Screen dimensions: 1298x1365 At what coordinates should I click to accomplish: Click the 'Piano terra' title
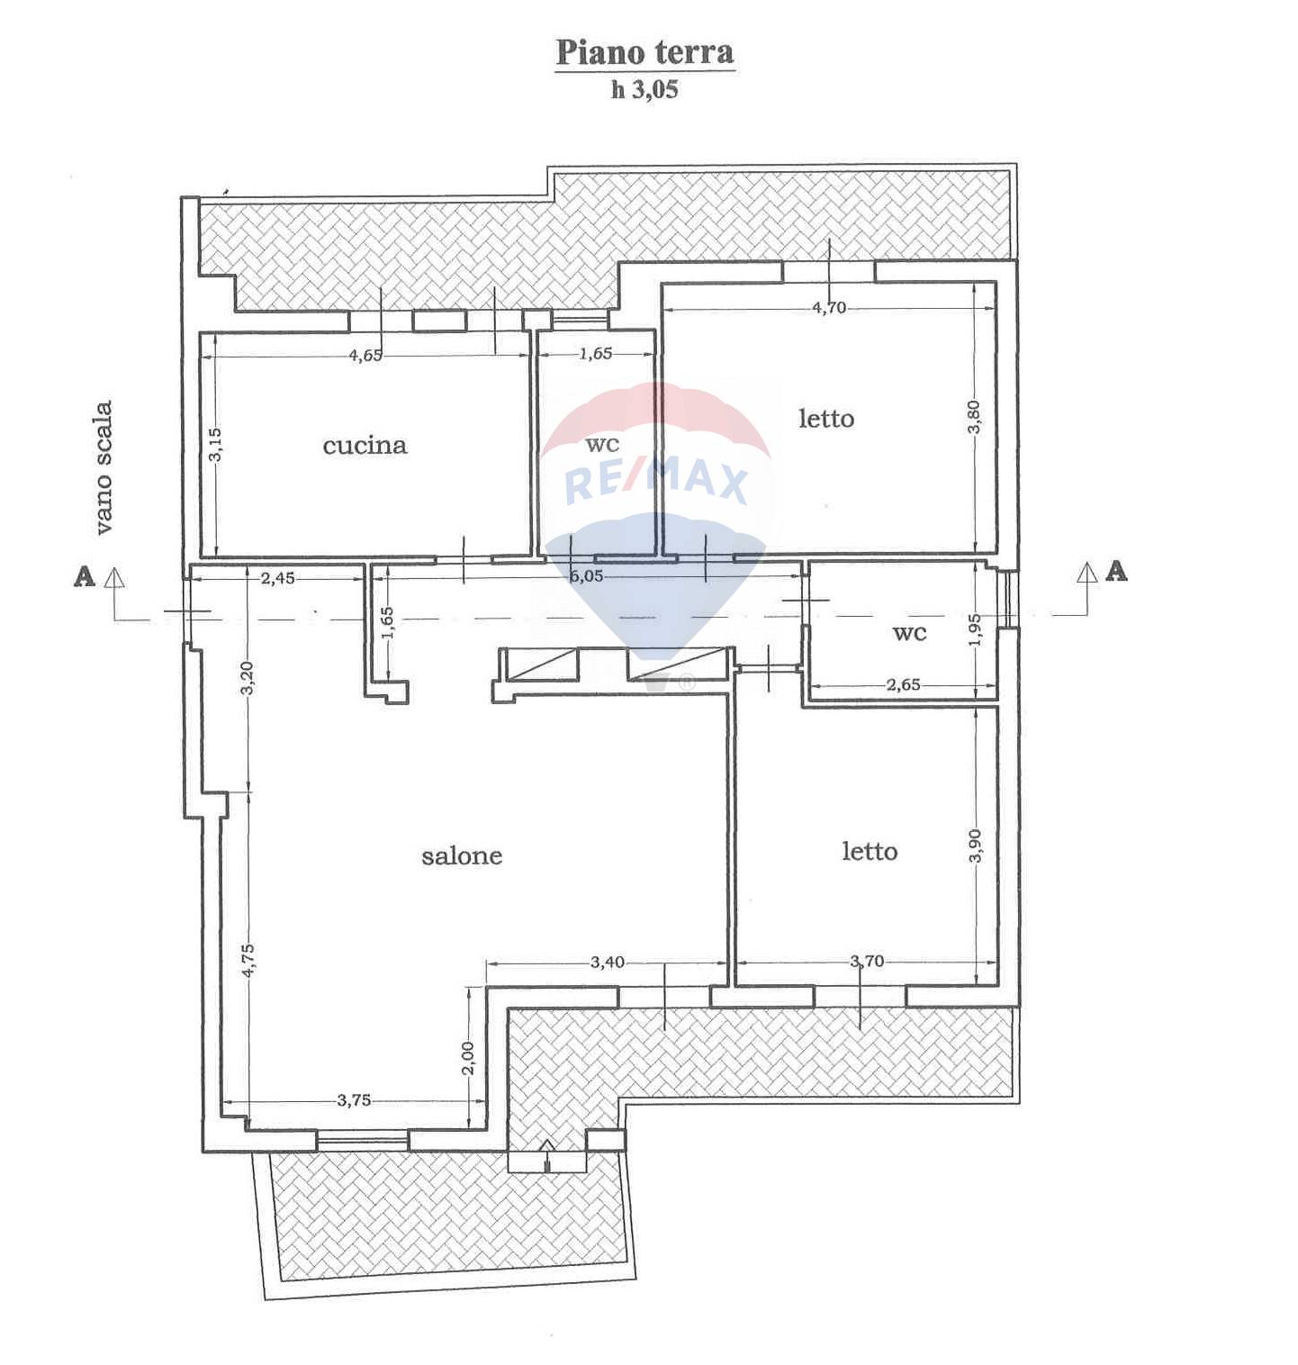(x=644, y=52)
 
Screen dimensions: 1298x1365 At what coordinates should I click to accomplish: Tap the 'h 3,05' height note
(x=644, y=90)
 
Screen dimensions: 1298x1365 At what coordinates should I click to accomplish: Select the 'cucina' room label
(x=365, y=445)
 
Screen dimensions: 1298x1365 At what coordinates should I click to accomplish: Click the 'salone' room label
(x=462, y=855)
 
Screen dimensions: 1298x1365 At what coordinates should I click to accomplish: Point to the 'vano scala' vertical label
(x=104, y=468)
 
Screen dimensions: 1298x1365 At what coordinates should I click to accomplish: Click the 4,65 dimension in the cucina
(x=365, y=355)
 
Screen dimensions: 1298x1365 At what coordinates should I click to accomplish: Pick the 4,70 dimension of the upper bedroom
(x=829, y=308)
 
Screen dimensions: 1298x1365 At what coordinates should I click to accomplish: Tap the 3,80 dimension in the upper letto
(x=975, y=417)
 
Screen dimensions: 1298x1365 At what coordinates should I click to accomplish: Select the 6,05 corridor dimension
(x=587, y=576)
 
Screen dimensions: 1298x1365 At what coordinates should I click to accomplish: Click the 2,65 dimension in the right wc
(x=904, y=684)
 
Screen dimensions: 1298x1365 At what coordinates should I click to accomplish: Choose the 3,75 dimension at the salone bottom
(x=354, y=1099)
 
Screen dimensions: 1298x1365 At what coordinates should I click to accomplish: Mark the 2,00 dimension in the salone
(x=466, y=1059)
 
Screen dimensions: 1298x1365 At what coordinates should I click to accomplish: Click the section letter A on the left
(x=85, y=576)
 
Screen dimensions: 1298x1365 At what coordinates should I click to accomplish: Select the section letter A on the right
(x=1116, y=571)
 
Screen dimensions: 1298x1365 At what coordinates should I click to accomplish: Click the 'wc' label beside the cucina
(x=602, y=445)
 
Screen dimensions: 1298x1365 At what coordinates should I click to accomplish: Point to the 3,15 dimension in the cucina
(x=215, y=445)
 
